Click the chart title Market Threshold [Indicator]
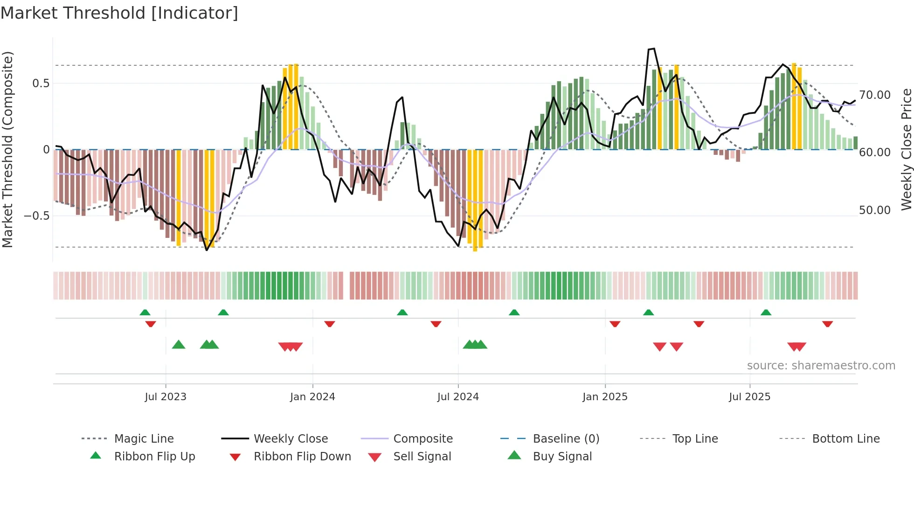tap(119, 13)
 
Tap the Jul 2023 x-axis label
tap(165, 397)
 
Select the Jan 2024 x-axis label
tap(312, 397)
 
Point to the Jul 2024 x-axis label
tap(458, 397)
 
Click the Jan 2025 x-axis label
tap(605, 397)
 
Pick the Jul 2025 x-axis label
tap(749, 397)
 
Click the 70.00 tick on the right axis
tap(875, 95)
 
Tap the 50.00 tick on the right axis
tap(875, 210)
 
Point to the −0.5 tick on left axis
tap(36, 216)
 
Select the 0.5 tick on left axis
tap(41, 83)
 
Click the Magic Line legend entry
tap(144, 439)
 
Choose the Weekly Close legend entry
tap(291, 439)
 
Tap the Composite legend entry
tap(422, 439)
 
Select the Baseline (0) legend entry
tap(566, 439)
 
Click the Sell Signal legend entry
tap(422, 457)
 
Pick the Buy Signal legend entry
tap(562, 457)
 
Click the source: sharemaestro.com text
tap(821, 366)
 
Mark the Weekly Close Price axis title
tap(906, 149)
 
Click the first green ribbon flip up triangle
tap(145, 313)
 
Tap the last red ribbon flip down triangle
tap(827, 324)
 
